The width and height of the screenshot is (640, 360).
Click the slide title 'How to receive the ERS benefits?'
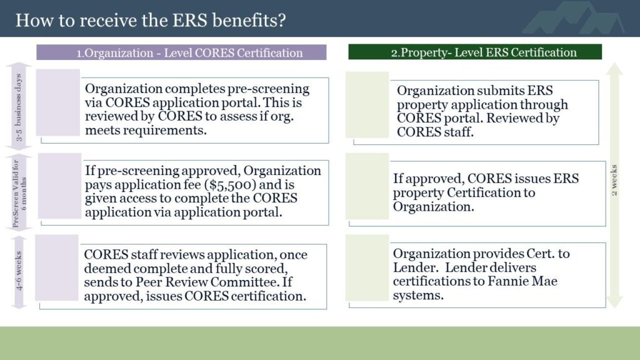(x=151, y=20)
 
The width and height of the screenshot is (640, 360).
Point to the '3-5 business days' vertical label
(x=18, y=107)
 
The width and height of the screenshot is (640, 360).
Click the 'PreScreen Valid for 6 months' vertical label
(x=19, y=193)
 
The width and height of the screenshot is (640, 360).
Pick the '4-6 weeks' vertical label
(x=19, y=271)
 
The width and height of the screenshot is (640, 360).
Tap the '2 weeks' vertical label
(x=614, y=180)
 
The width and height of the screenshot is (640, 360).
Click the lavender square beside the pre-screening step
(x=58, y=102)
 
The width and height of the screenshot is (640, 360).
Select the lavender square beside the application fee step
(x=59, y=186)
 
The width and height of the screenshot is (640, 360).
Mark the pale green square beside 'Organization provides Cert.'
(x=367, y=267)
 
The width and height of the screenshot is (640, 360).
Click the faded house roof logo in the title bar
(x=574, y=18)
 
